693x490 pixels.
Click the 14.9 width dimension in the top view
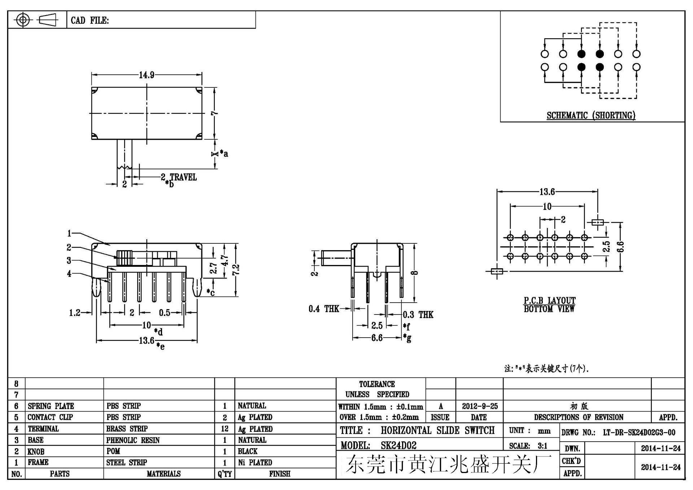(x=147, y=75)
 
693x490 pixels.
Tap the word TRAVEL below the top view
(x=183, y=177)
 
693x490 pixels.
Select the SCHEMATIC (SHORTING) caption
(x=590, y=115)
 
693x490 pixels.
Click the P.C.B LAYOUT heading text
(x=549, y=300)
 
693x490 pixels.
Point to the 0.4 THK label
(x=323, y=309)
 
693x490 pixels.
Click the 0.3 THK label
(x=418, y=315)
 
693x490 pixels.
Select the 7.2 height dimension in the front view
(x=236, y=269)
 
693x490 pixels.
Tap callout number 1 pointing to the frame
(x=69, y=234)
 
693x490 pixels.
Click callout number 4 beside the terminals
(x=69, y=274)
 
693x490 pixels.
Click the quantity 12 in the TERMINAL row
(x=225, y=429)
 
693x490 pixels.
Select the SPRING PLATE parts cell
(x=51, y=406)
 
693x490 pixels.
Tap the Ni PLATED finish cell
(x=255, y=463)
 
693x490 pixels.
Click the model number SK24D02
(x=398, y=445)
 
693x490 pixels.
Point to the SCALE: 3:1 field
(x=528, y=446)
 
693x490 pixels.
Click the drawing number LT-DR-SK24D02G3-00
(x=639, y=432)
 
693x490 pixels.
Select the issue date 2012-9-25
(x=479, y=406)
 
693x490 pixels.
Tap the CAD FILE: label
(x=90, y=20)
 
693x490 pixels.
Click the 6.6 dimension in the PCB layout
(x=620, y=247)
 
